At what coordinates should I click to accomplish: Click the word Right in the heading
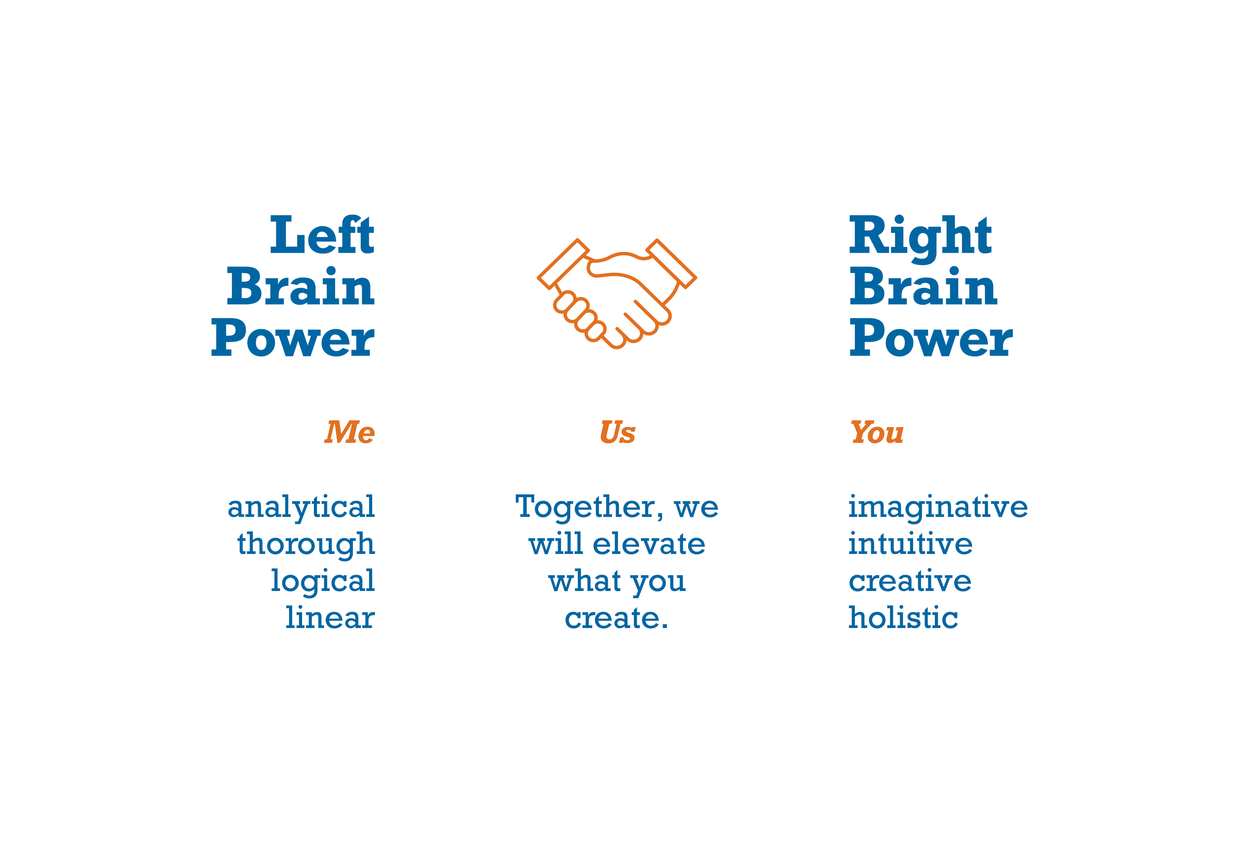pyautogui.click(x=920, y=237)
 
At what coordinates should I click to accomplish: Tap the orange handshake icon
pyautogui.click(x=617, y=293)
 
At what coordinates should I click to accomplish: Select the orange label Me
pyautogui.click(x=349, y=432)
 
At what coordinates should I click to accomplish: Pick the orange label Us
pyautogui.click(x=617, y=432)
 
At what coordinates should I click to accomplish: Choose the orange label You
pyautogui.click(x=877, y=432)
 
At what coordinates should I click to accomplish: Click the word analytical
pyautogui.click(x=301, y=507)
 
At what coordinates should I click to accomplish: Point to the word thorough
pyautogui.click(x=306, y=544)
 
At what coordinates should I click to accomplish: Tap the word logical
pyautogui.click(x=322, y=581)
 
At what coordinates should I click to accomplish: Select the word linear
pyautogui.click(x=330, y=618)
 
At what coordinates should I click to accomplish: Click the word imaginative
pyautogui.click(x=938, y=507)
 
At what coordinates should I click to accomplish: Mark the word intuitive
pyautogui.click(x=911, y=544)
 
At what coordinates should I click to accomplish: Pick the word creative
pyautogui.click(x=910, y=581)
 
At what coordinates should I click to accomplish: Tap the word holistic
pyautogui.click(x=903, y=618)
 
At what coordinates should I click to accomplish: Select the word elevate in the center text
pyautogui.click(x=649, y=544)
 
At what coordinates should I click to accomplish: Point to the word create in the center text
pyautogui.click(x=613, y=618)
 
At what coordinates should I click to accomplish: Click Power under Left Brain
pyautogui.click(x=292, y=338)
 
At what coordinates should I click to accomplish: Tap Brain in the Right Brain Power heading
pyautogui.click(x=923, y=287)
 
